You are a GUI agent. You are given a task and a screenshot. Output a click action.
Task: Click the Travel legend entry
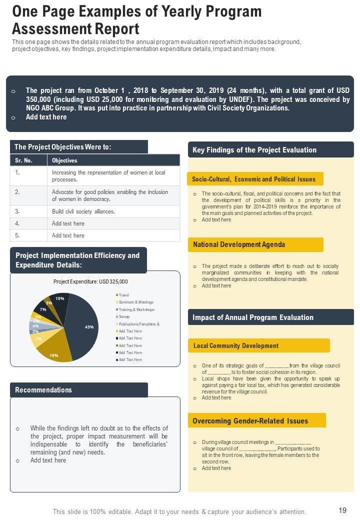(x=123, y=295)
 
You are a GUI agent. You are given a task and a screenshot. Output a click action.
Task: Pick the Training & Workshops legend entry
(x=136, y=309)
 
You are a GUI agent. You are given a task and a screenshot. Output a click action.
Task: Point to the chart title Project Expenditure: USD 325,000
(x=90, y=281)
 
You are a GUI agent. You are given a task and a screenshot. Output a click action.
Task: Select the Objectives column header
(x=64, y=160)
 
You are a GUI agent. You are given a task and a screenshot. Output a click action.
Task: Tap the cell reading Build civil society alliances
(x=83, y=211)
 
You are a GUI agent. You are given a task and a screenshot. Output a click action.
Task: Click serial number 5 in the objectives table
(x=17, y=235)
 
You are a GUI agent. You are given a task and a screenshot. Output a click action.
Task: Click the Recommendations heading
(x=43, y=390)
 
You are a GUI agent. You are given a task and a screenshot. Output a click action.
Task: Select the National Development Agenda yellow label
(x=239, y=244)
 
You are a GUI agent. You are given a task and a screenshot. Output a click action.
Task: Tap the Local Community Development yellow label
(x=235, y=345)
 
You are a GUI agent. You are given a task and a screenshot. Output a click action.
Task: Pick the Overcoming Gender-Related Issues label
(x=250, y=420)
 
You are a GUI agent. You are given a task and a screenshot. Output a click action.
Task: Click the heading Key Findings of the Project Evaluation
(x=254, y=149)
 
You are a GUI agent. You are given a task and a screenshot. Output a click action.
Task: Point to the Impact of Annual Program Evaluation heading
(x=252, y=317)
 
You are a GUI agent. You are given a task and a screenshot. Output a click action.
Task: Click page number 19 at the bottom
(x=342, y=510)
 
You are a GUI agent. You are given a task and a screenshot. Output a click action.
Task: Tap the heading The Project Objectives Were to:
(x=62, y=147)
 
